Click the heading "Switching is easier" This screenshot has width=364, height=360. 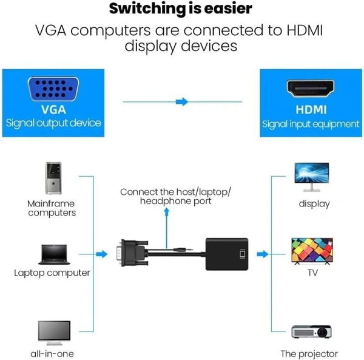click(x=181, y=9)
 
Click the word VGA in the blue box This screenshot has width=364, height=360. click(x=53, y=110)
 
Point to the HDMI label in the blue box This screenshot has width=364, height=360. click(x=311, y=110)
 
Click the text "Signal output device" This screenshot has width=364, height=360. click(x=53, y=124)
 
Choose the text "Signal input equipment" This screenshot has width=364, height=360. click(x=311, y=124)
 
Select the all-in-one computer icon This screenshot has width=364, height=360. click(x=53, y=331)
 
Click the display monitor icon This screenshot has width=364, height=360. click(x=312, y=174)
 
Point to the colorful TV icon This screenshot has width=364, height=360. click(x=312, y=251)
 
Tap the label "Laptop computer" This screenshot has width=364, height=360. click(x=53, y=273)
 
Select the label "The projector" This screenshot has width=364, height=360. click(x=309, y=353)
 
